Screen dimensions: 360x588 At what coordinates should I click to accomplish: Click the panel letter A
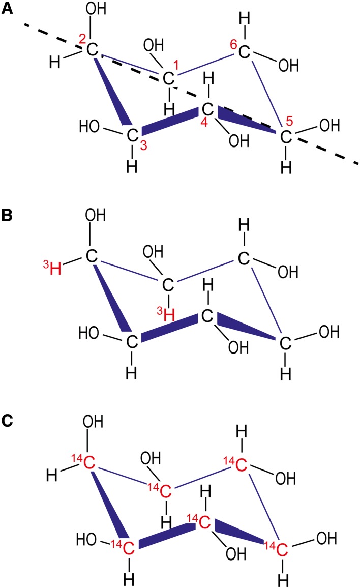(7, 9)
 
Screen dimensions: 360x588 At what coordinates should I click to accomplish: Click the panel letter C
(7, 422)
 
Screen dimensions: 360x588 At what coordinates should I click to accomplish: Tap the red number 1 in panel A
(176, 66)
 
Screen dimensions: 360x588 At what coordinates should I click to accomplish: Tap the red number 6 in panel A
(233, 44)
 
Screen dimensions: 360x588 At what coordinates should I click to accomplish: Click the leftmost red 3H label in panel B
(53, 268)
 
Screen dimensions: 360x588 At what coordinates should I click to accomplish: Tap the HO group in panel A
(91, 126)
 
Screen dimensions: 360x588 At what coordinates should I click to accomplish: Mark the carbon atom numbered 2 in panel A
(92, 49)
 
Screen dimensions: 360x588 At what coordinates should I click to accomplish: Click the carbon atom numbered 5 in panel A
(286, 136)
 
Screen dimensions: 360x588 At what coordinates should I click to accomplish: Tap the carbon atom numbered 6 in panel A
(245, 51)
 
